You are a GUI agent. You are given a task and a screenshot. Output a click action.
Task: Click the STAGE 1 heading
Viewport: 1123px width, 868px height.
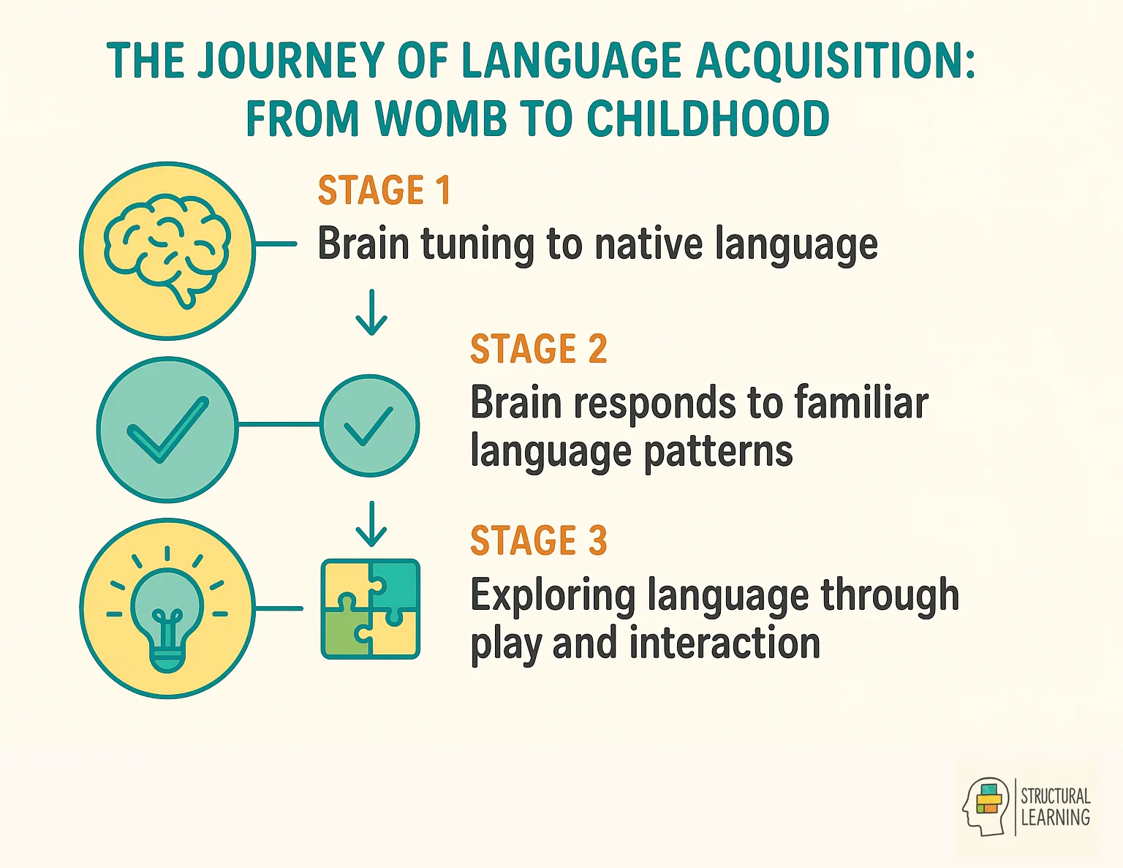coord(384,191)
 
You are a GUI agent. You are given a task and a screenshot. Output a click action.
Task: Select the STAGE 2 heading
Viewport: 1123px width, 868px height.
coord(538,349)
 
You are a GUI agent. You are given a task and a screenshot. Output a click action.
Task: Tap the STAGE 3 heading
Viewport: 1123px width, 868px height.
coord(538,541)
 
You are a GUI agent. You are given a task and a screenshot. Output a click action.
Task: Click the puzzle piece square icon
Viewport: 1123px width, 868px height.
coord(371,609)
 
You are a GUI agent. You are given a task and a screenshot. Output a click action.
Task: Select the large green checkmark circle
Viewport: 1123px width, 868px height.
coord(167,429)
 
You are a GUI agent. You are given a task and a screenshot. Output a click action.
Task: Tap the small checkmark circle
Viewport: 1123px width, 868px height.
coord(370,426)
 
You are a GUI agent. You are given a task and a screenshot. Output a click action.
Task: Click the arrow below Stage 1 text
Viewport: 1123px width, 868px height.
coord(371,312)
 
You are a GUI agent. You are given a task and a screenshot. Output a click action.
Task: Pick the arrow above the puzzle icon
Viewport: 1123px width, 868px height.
coord(371,524)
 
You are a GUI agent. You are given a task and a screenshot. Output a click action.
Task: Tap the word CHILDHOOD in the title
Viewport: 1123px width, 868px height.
coord(708,118)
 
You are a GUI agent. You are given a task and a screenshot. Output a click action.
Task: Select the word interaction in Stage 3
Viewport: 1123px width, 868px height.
coord(724,644)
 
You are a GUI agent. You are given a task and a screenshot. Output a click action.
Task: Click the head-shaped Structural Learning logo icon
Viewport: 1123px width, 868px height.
coord(986,806)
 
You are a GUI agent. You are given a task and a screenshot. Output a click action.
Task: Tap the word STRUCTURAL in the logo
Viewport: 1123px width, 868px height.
coord(1055,796)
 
